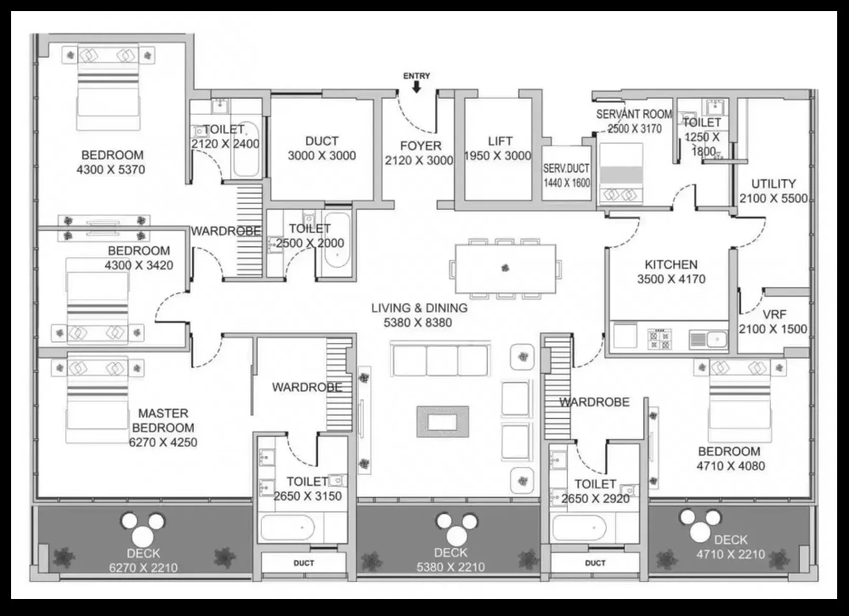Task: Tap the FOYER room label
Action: (421, 145)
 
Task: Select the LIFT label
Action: (500, 141)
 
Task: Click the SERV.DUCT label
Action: (566, 168)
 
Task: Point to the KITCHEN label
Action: (671, 265)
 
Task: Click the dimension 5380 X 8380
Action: (418, 323)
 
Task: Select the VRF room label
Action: (774, 314)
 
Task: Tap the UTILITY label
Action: (773, 184)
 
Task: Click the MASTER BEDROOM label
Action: (163, 421)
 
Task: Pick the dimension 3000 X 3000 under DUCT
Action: (321, 155)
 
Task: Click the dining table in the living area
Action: (505, 268)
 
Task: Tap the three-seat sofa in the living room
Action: (440, 359)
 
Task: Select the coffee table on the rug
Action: (443, 421)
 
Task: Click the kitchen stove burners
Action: (659, 338)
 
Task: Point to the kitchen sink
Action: (709, 340)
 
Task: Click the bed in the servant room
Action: (620, 174)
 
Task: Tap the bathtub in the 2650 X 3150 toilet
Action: (287, 528)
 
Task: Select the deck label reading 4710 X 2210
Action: (730, 554)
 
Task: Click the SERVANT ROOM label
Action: (634, 114)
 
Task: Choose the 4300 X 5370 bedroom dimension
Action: (111, 170)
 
